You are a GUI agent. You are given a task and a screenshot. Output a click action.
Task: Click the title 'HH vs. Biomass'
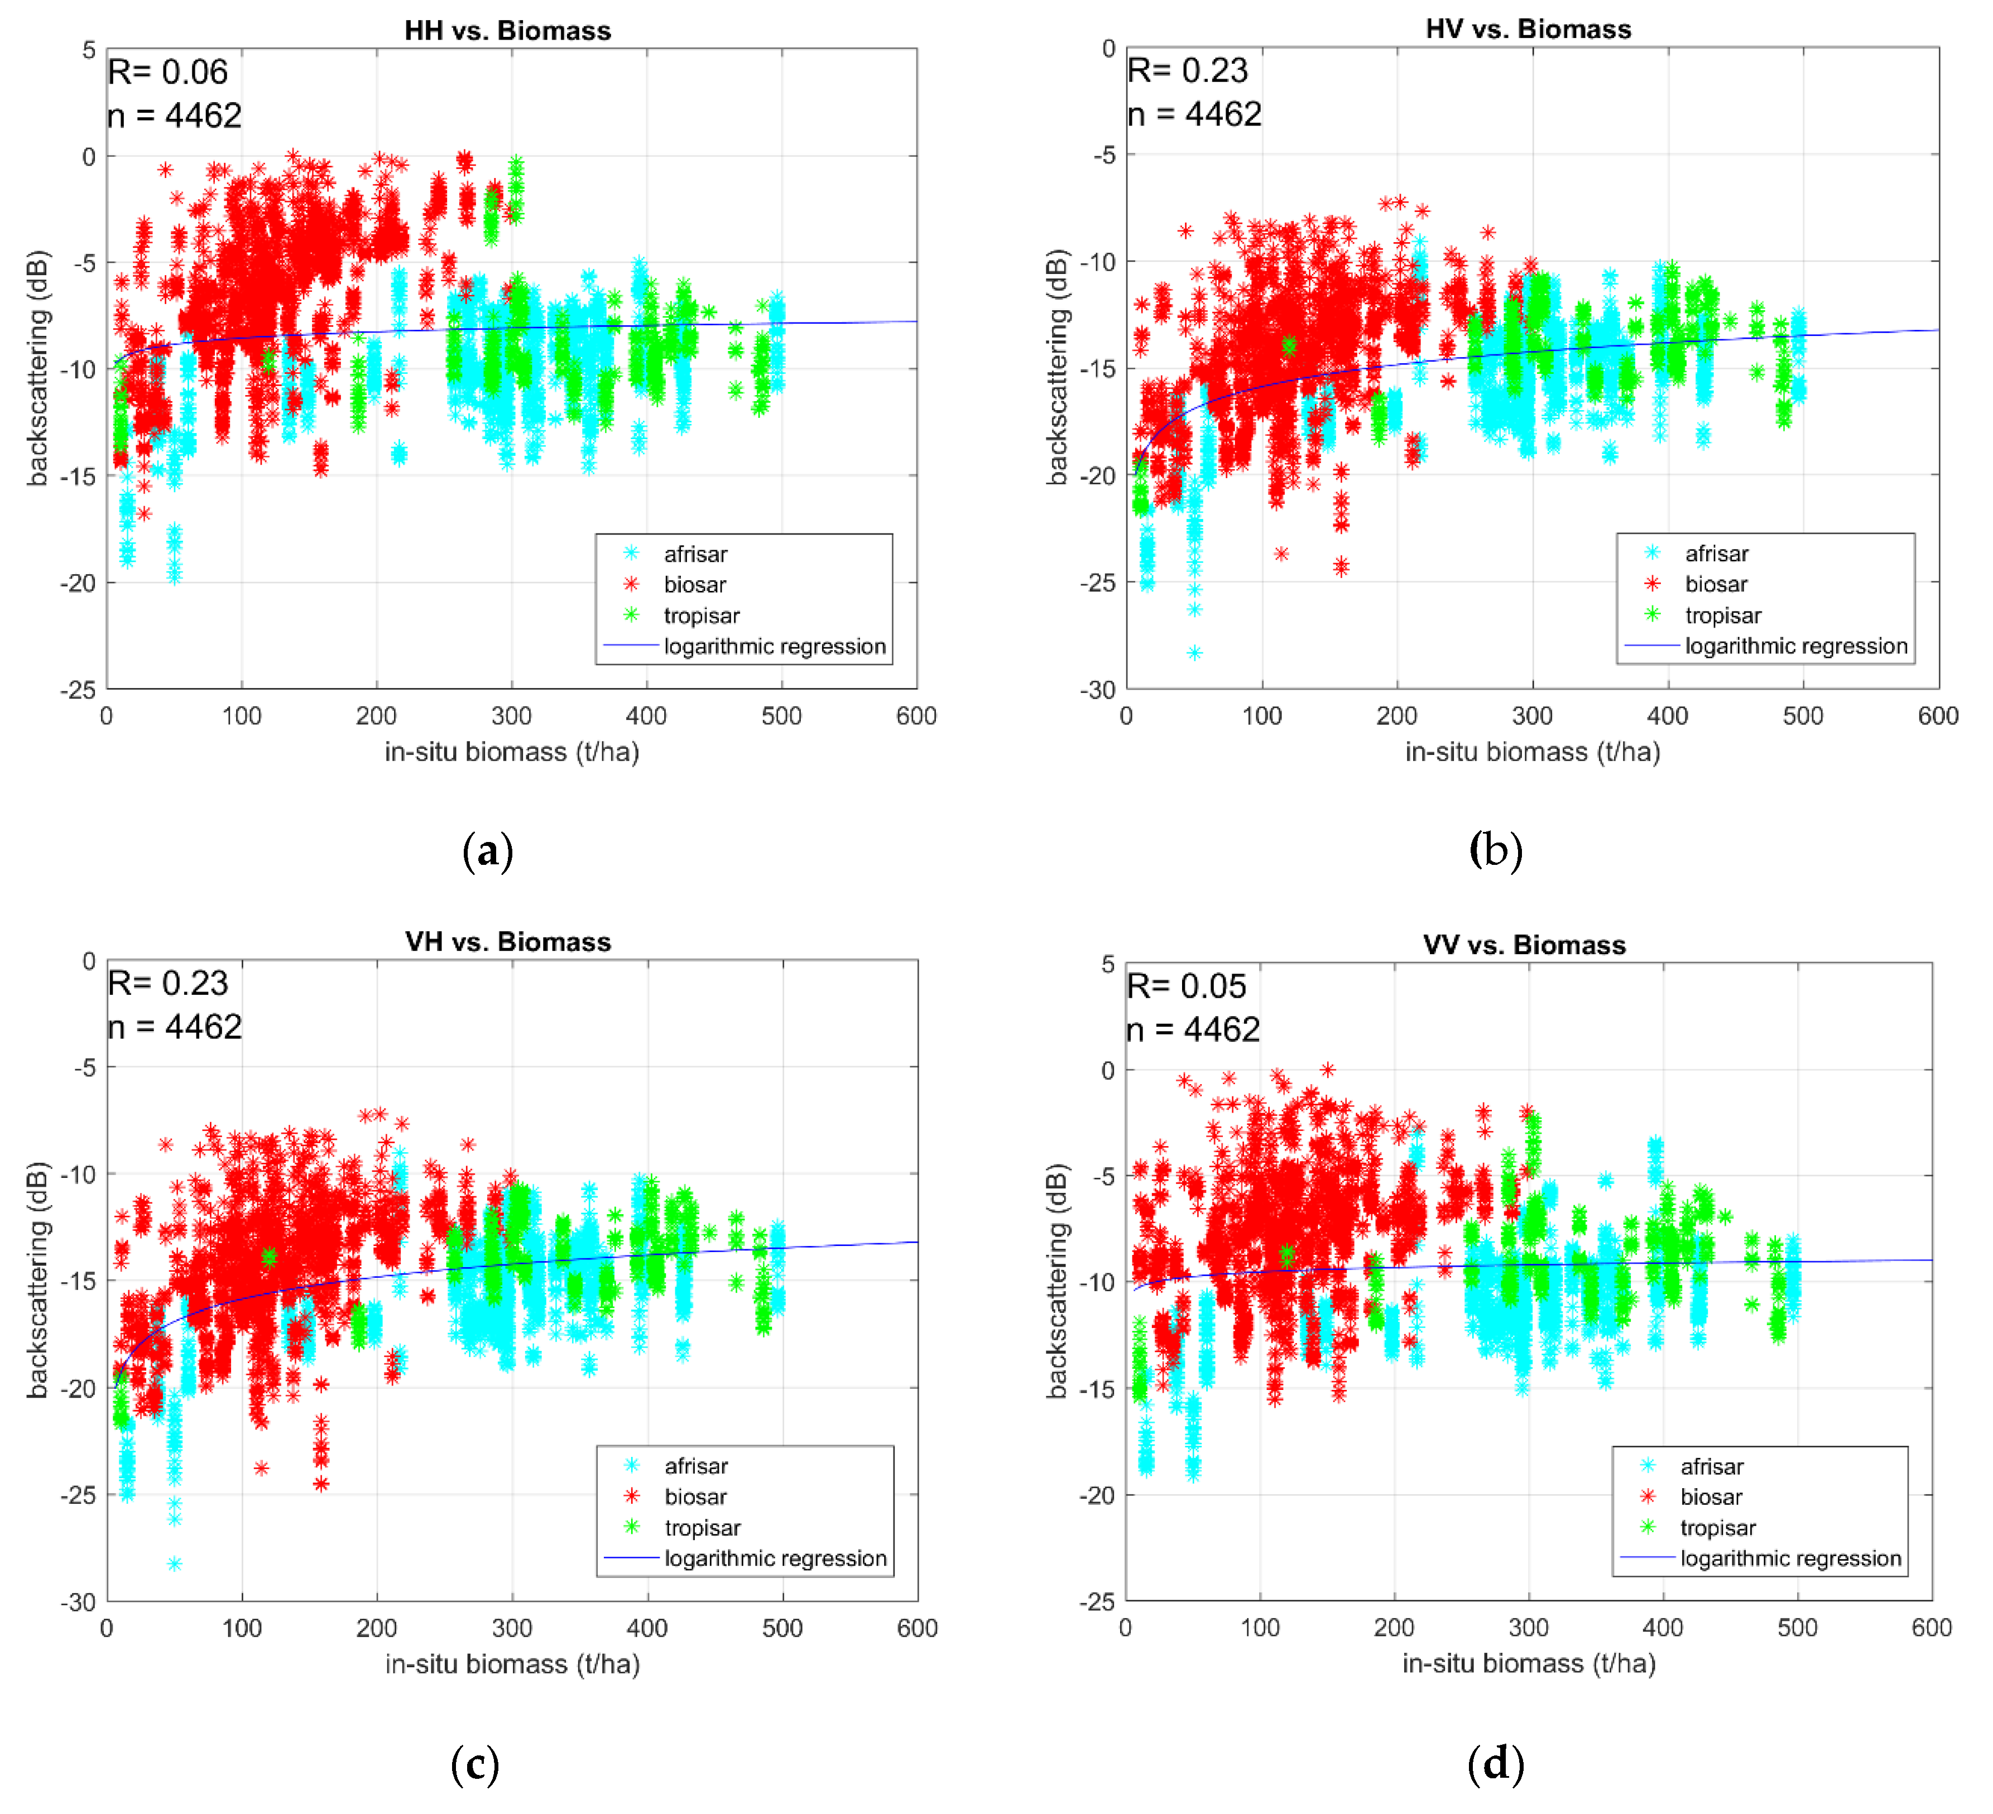(x=507, y=31)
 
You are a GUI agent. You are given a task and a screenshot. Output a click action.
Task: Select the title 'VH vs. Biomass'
(x=507, y=941)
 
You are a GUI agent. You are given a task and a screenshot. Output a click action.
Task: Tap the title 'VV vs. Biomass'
(x=1524, y=945)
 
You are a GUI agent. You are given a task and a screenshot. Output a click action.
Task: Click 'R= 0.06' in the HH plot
(x=168, y=72)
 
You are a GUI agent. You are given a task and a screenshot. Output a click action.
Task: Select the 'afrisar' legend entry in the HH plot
(x=695, y=554)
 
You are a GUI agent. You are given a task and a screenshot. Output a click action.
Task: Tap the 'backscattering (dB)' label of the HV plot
(x=1057, y=368)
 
